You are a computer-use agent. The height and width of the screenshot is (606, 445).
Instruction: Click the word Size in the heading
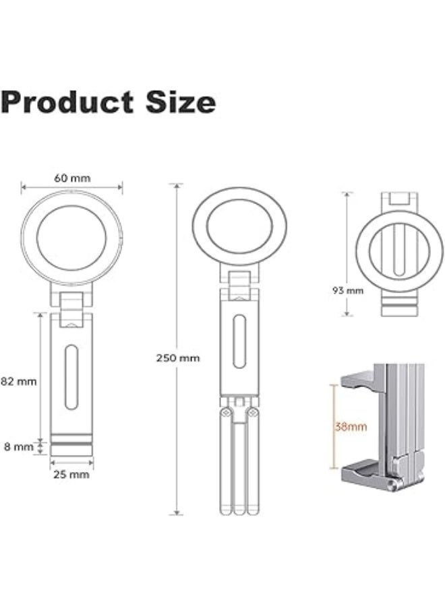(181, 102)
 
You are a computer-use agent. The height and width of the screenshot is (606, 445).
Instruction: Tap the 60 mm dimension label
(72, 179)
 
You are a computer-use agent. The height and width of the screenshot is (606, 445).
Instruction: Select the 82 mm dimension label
(18, 381)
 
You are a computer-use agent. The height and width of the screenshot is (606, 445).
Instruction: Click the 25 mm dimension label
(72, 475)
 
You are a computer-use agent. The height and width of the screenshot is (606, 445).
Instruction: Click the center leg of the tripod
(240, 471)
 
